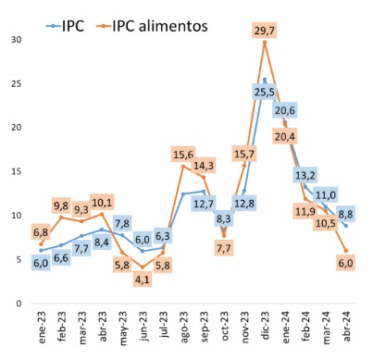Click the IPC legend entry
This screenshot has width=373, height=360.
coord(65,26)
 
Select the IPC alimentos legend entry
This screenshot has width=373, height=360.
coord(152,26)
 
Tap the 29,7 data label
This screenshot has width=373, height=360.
coord(265,31)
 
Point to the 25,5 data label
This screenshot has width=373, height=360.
coord(265,92)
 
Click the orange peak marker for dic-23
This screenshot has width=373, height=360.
coord(265,43)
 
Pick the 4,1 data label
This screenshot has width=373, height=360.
coord(143,279)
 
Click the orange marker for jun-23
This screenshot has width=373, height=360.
coord(143,267)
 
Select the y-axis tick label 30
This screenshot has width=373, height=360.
coord(16,40)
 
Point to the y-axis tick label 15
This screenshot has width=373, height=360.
coord(16,171)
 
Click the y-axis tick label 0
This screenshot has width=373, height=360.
coord(19,304)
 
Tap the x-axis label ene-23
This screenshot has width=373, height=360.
coord(42,327)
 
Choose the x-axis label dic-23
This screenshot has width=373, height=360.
coord(265,326)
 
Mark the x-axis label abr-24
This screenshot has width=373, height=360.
coord(347,327)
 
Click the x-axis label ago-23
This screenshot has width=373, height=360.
coord(184,327)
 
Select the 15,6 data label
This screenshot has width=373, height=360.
coord(183,155)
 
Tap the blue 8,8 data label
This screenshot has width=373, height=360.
coord(345,214)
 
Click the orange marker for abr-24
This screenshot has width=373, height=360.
coord(346,251)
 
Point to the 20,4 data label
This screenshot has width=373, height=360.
coord(285,136)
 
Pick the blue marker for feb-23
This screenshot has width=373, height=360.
coord(61,245)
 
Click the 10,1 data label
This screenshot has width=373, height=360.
coord(102,203)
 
